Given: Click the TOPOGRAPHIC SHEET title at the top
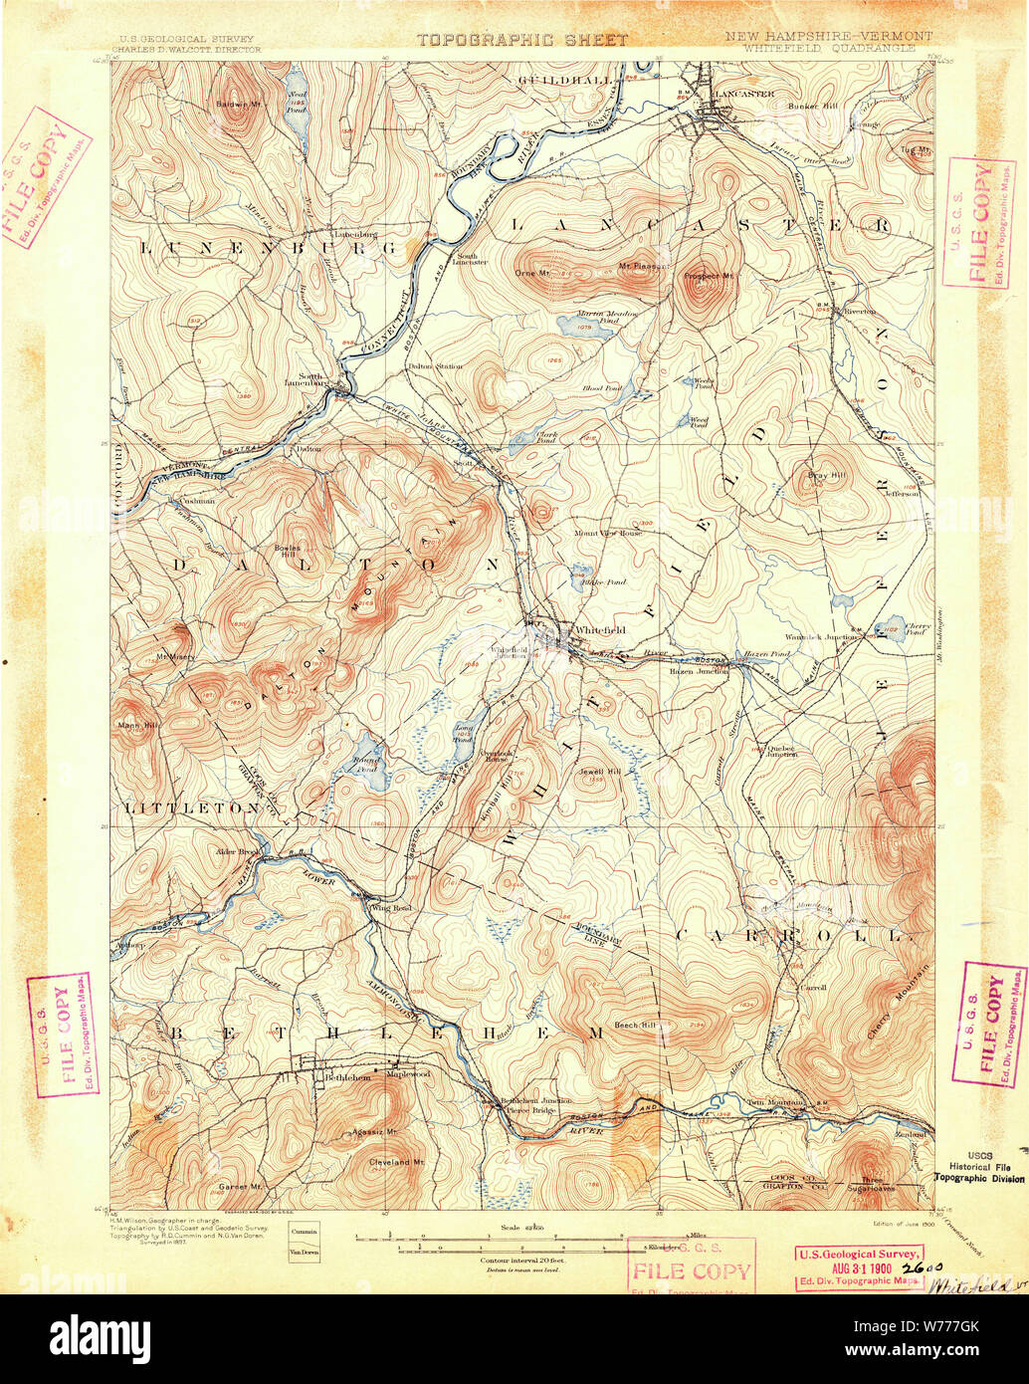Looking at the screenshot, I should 521,41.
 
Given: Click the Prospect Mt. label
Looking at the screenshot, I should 710,276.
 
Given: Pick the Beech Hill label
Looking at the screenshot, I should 635,1025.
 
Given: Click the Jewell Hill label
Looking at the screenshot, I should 592,772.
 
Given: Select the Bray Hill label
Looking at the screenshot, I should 824,475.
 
